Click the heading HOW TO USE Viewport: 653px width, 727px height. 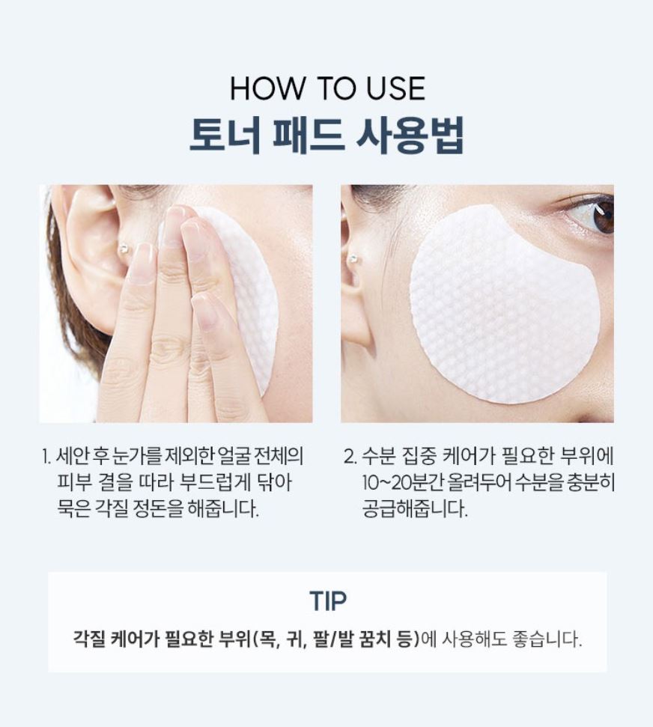[x=327, y=89]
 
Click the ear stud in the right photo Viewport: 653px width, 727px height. [x=351, y=260]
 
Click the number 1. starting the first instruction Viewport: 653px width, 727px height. [x=47, y=456]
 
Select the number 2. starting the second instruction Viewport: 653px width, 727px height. [x=348, y=456]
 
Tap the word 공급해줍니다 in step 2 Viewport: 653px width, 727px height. [x=413, y=511]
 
